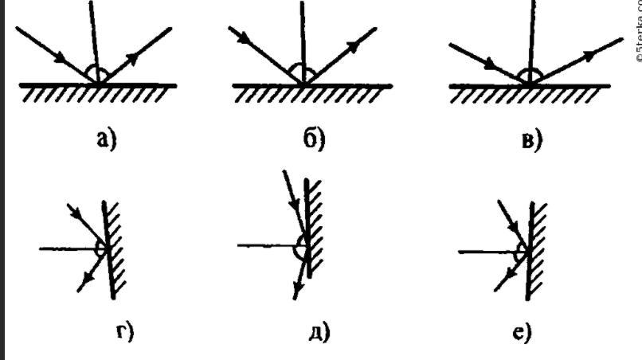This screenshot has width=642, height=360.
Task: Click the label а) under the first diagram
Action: [106, 139]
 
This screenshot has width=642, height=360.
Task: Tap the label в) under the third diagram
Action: [528, 140]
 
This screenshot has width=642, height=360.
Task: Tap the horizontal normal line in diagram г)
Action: [68, 248]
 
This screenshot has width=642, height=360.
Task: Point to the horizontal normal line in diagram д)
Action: [267, 245]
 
